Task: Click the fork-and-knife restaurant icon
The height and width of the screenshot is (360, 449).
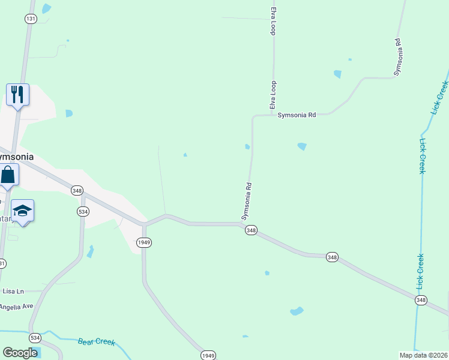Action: (x=17, y=95)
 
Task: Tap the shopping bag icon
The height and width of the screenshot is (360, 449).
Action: (x=8, y=175)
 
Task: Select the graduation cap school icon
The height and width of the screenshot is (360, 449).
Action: (x=22, y=211)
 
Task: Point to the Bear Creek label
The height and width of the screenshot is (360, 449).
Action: (x=96, y=342)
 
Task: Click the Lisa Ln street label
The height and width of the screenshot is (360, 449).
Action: (x=13, y=291)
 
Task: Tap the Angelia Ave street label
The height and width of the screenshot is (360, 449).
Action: (x=16, y=306)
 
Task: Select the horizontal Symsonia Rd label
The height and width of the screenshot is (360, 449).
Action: (x=296, y=115)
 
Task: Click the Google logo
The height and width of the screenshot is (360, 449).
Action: (x=20, y=353)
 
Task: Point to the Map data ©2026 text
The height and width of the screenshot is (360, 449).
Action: (x=423, y=355)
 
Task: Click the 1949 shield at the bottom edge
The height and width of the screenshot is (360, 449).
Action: (x=208, y=355)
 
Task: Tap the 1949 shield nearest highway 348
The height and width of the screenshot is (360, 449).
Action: (x=143, y=242)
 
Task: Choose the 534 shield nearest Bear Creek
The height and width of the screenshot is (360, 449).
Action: (x=35, y=337)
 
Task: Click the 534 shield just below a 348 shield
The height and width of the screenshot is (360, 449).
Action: (x=83, y=211)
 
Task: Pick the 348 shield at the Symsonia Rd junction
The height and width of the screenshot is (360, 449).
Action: (x=251, y=230)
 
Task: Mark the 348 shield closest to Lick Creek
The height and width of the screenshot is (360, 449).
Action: (x=421, y=300)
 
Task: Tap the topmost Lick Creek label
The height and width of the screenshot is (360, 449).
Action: (x=440, y=97)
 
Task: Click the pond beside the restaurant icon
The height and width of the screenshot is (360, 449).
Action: (x=68, y=113)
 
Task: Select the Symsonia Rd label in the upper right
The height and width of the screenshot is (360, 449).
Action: (x=397, y=57)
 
